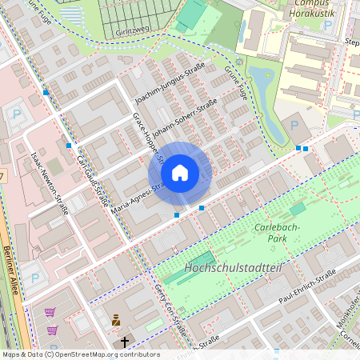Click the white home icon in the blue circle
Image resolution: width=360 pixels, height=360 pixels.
click(x=180, y=173)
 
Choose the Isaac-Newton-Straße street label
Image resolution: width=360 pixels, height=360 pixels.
click(x=49, y=184)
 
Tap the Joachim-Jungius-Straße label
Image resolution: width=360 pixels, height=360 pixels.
click(x=170, y=84)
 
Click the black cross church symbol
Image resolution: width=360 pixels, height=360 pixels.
click(x=124, y=342)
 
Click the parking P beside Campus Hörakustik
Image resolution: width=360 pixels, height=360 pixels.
click(x=326, y=26)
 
